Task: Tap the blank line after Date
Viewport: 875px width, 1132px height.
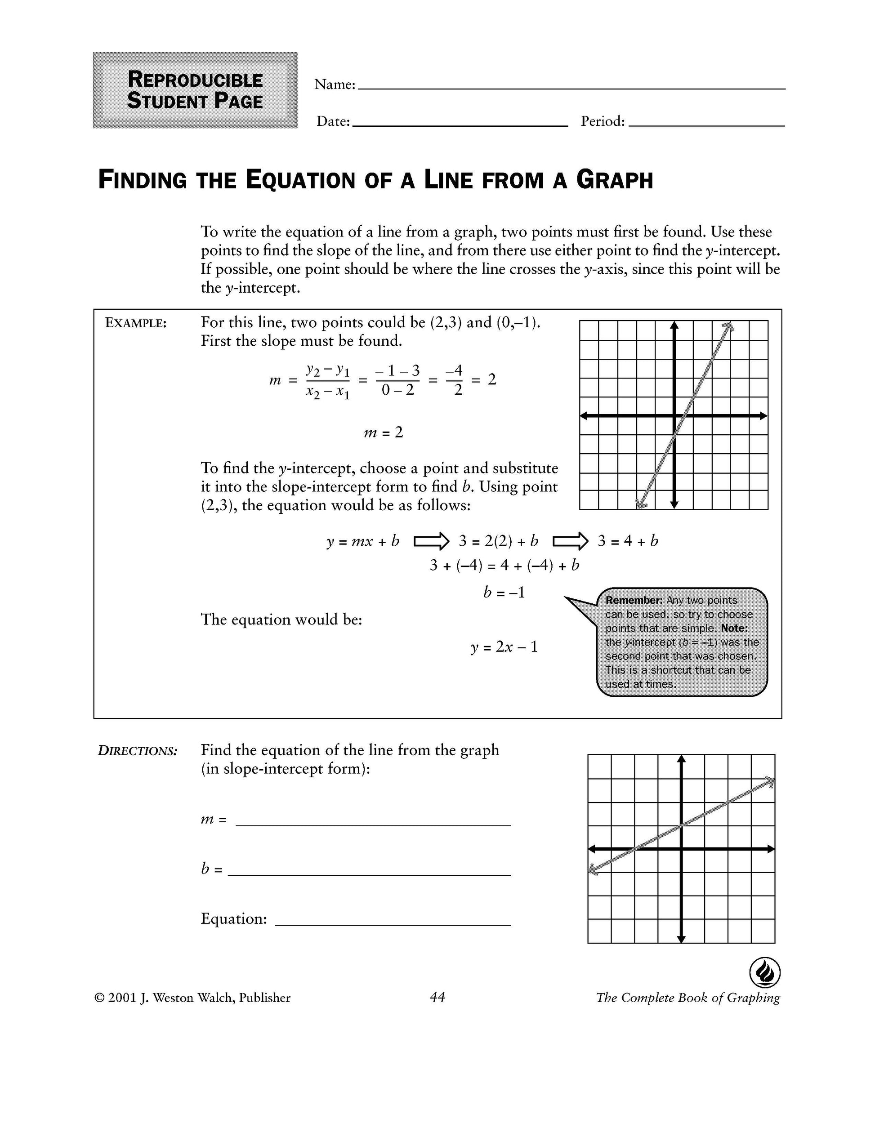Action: tap(459, 125)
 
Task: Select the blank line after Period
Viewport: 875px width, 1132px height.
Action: tap(706, 125)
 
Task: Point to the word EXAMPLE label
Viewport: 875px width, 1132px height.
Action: tap(136, 323)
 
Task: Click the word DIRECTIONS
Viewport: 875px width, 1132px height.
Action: tap(138, 751)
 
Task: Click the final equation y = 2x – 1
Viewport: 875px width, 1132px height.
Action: tap(504, 647)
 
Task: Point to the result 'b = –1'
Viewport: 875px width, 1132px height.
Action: tap(504, 593)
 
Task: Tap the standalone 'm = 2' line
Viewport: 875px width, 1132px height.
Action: tap(383, 432)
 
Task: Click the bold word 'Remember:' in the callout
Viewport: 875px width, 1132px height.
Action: tap(634, 600)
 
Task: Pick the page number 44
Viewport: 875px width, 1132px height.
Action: tap(437, 997)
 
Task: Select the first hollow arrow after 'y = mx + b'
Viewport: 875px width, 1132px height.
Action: tap(431, 542)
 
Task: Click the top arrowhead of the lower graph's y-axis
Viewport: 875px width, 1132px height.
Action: tap(681, 759)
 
